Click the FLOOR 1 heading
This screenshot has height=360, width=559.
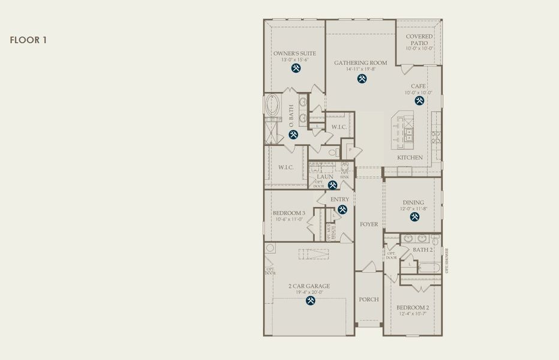[x=28, y=40]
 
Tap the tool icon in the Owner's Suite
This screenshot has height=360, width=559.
[x=296, y=68]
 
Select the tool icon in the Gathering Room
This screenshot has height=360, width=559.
[x=362, y=79]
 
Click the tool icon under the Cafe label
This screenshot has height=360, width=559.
[x=419, y=101]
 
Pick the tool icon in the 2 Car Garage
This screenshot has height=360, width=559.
[x=310, y=301]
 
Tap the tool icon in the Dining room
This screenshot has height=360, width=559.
[x=414, y=217]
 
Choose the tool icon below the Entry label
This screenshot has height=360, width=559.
[x=342, y=209]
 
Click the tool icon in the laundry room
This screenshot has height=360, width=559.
[x=332, y=185]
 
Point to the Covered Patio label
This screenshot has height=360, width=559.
[x=419, y=40]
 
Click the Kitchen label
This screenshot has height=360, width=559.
[x=410, y=158]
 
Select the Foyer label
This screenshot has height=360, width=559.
[x=369, y=224]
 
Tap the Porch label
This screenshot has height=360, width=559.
[x=369, y=299]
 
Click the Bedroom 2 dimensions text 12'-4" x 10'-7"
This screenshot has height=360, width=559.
[x=413, y=314]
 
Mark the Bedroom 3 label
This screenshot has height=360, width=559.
[x=289, y=213]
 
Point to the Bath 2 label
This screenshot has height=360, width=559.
[x=422, y=250]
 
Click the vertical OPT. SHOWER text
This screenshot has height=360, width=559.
[x=447, y=261]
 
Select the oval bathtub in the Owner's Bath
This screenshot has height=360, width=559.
[x=273, y=107]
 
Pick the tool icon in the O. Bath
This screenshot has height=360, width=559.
[x=293, y=134]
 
